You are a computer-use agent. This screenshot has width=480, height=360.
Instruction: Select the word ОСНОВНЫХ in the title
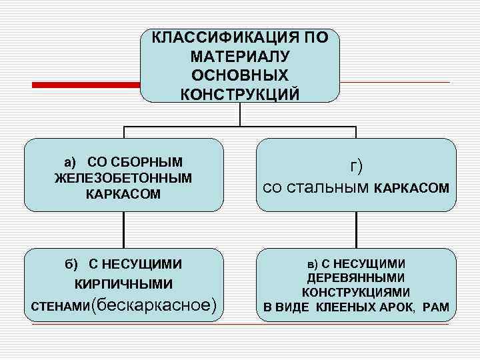[x=240, y=74]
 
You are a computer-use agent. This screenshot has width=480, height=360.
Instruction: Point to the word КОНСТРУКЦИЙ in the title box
[x=240, y=93]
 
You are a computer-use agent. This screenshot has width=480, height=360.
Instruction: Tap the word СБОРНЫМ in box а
[x=151, y=163]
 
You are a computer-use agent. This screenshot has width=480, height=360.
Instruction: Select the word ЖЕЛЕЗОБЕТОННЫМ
[x=123, y=178]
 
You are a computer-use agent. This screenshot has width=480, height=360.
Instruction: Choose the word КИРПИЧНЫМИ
[x=123, y=285]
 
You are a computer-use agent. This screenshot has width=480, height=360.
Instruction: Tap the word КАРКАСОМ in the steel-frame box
[x=411, y=190]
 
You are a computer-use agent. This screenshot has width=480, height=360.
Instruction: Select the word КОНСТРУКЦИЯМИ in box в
[x=356, y=292]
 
